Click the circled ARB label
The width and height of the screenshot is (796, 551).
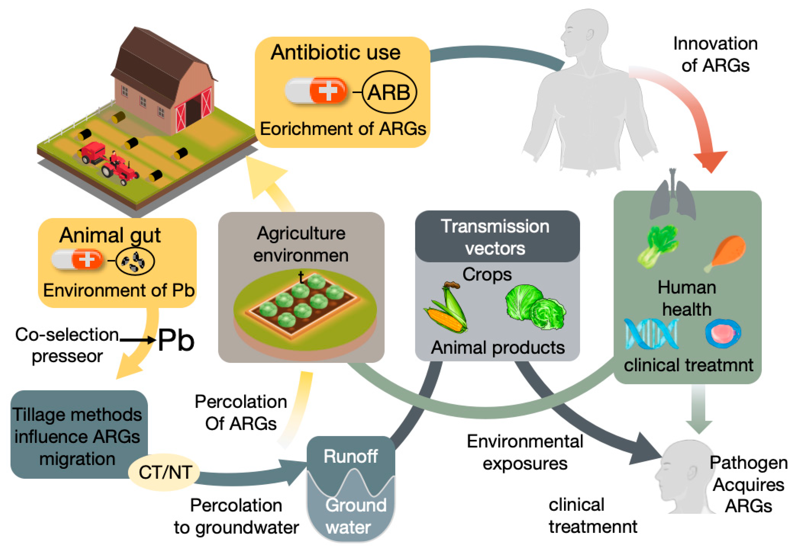pyautogui.click(x=389, y=92)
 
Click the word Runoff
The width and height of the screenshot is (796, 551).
pyautogui.click(x=350, y=456)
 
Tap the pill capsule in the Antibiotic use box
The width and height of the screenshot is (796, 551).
pyautogui.click(x=315, y=90)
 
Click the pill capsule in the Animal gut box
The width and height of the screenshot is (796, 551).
pyautogui.click(x=77, y=259)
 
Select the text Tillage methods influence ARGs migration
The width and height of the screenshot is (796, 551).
pyautogui.click(x=77, y=436)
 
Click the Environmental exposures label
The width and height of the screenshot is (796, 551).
pyautogui.click(x=525, y=452)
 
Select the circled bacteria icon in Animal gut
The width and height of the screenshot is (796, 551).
pyautogui.click(x=135, y=261)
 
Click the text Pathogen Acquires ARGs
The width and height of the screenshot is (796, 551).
pyautogui.click(x=748, y=484)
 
